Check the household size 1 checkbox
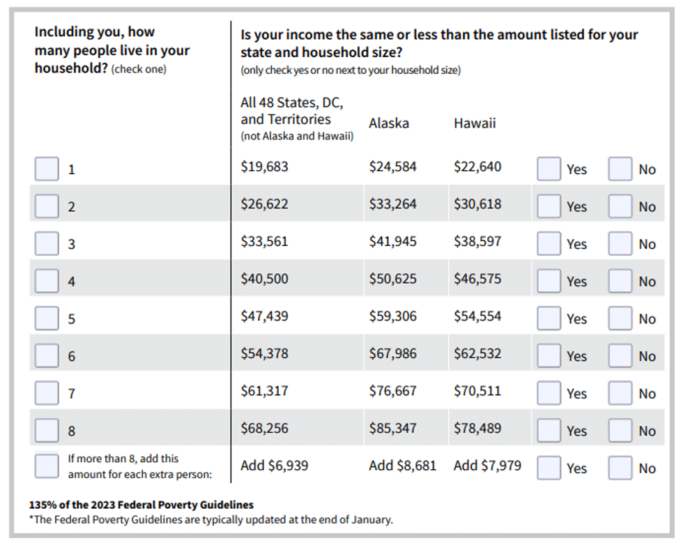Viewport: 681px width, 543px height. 47,169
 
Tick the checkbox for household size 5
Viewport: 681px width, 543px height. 47,318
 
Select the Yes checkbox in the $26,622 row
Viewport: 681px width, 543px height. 549,206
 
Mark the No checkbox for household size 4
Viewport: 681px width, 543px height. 620,281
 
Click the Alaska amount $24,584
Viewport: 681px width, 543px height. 392,167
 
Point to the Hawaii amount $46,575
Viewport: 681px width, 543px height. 477,278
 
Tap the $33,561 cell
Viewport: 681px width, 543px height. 264,241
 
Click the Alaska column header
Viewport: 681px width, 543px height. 389,123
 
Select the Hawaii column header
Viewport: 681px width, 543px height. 475,123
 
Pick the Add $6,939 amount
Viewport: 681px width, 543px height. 275,465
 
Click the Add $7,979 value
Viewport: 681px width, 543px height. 487,465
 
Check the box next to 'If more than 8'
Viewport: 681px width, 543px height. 47,466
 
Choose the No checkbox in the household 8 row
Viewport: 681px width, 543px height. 620,430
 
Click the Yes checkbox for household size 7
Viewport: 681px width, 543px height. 549,392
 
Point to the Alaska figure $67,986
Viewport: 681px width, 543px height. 392,353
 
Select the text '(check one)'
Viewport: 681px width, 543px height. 139,69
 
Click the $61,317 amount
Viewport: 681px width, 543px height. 264,390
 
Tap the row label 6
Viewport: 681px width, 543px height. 72,356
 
